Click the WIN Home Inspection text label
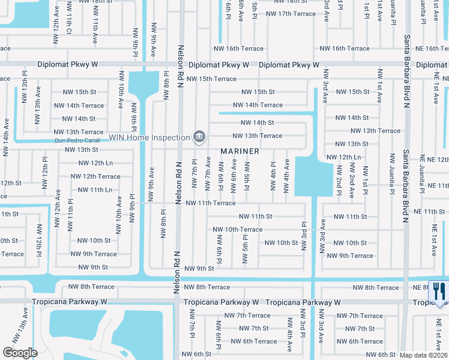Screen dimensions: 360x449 [149, 137]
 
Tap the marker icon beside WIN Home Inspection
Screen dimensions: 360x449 [198, 137]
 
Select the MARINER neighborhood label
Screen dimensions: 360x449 [240, 151]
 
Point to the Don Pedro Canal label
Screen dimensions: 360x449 [76, 141]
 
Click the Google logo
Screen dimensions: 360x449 [20, 353]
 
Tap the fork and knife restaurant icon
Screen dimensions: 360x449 [438, 292]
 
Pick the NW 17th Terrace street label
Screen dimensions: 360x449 [291, 14]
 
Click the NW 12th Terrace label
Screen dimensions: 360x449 [95, 176]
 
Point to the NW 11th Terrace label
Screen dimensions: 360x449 [210, 203]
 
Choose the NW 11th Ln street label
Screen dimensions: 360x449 [92, 190]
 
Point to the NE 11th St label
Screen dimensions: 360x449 [430, 212]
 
